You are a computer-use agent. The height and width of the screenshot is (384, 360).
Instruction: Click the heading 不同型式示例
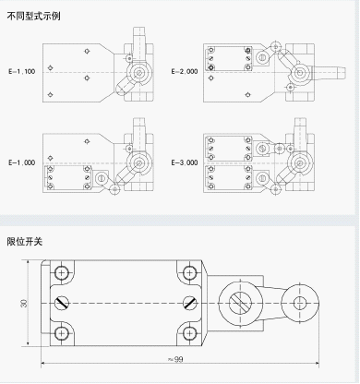(x=33, y=16)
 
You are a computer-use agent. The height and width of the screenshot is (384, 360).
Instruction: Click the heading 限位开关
(x=25, y=242)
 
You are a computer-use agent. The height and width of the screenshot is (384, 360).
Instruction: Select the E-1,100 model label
(x=21, y=72)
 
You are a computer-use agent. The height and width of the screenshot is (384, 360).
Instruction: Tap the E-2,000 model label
(x=185, y=72)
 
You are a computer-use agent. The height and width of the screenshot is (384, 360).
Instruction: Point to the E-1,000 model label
(x=21, y=162)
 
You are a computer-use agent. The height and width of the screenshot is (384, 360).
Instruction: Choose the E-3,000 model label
(x=185, y=162)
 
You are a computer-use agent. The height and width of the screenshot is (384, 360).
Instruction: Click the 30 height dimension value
(x=24, y=303)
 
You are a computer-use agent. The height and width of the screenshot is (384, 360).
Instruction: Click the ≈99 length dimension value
(x=175, y=359)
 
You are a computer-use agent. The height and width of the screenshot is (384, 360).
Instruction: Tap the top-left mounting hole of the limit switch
(x=62, y=272)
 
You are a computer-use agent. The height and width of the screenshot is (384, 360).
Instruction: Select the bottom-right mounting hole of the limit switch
(x=189, y=333)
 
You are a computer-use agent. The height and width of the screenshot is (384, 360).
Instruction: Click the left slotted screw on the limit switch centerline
(x=62, y=303)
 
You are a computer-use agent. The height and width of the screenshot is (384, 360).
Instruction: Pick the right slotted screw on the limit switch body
(x=189, y=303)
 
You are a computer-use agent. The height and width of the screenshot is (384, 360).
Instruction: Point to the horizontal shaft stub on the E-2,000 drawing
(x=330, y=73)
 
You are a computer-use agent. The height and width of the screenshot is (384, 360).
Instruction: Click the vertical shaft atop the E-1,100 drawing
(x=138, y=40)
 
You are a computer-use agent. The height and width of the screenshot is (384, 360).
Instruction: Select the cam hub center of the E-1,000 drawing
(x=139, y=162)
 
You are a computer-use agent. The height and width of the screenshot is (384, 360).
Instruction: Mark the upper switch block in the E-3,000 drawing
(x=229, y=149)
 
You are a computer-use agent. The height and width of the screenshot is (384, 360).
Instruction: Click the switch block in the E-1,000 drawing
(x=68, y=178)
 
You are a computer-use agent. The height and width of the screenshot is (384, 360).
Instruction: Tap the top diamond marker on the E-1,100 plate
(x=87, y=51)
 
